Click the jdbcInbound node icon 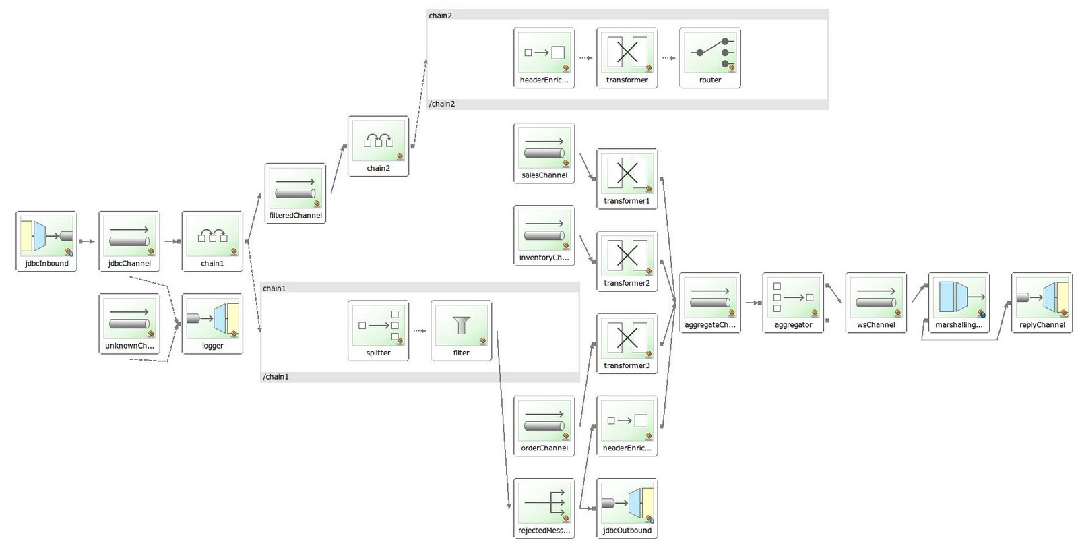[46, 235]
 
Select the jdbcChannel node [129, 235]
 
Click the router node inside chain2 [710, 52]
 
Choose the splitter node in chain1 [378, 325]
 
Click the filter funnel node [461, 325]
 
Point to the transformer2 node [627, 255]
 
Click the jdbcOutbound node [627, 503]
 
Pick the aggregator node [793, 297]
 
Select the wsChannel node [876, 297]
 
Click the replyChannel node [1042, 297]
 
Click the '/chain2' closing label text [442, 104]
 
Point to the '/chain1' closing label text [276, 377]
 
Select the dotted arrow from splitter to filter [420, 330]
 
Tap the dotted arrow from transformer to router [668, 58]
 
